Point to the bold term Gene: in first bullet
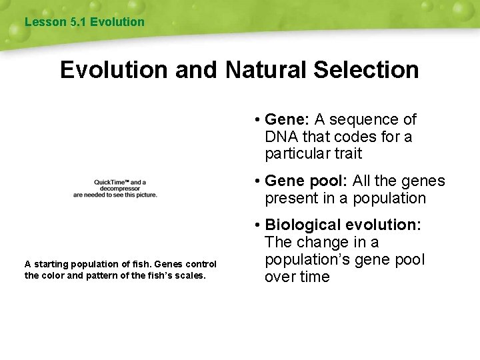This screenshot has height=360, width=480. point(287,119)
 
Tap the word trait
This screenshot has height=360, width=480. point(348,154)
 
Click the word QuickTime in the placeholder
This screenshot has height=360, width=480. point(110,182)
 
